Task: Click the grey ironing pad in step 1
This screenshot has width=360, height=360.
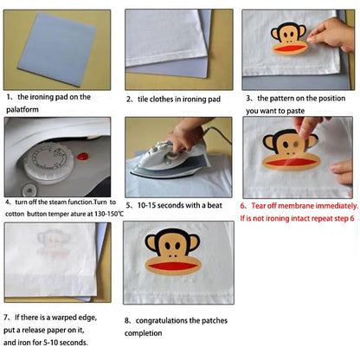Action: point(57,48)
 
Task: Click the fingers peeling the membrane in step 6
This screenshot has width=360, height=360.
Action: point(312,130)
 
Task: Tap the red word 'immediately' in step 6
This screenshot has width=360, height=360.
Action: point(330,206)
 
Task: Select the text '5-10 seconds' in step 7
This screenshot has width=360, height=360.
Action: point(67,341)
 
